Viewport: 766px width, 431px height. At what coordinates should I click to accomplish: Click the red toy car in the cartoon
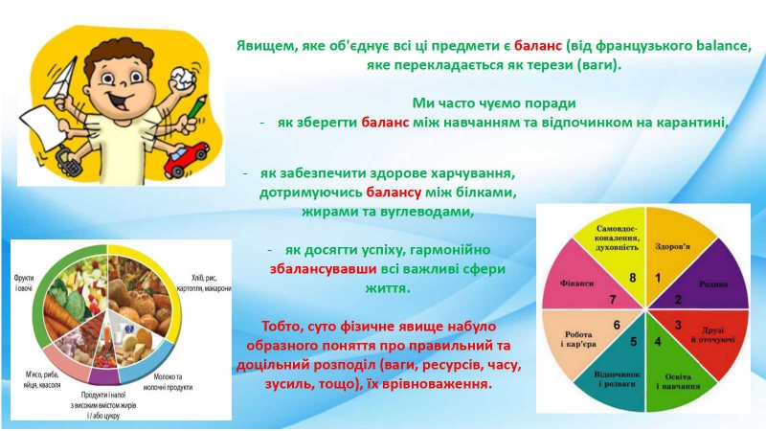click(x=186, y=159)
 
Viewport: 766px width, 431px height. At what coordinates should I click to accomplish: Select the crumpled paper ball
click(x=181, y=79)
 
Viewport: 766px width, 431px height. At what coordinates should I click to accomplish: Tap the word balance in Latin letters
click(x=722, y=46)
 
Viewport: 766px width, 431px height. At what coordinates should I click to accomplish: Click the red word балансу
click(x=394, y=193)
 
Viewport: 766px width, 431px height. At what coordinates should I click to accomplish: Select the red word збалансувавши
click(x=323, y=269)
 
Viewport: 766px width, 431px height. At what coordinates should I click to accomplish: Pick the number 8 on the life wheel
click(x=633, y=278)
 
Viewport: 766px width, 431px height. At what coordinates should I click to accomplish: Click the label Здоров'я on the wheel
click(x=673, y=246)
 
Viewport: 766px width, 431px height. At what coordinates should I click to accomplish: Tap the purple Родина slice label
click(x=713, y=284)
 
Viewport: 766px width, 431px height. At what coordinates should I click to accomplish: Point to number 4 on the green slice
click(x=658, y=342)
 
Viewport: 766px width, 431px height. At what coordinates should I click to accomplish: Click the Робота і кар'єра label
click(x=578, y=339)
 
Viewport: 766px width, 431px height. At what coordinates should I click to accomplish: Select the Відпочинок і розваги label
click(x=617, y=379)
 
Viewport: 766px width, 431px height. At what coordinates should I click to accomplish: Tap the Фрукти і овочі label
click(x=23, y=284)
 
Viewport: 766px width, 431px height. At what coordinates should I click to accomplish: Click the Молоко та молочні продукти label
click(x=168, y=382)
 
